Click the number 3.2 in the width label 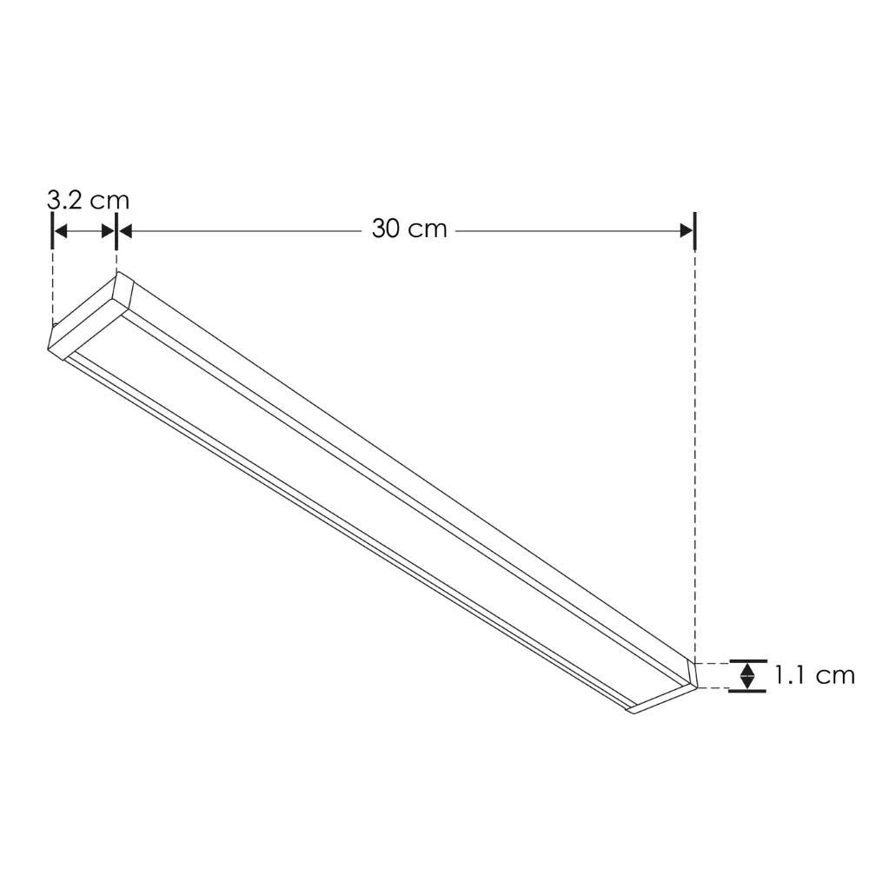click(66, 200)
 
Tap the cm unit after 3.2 click(109, 200)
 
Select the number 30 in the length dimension click(388, 229)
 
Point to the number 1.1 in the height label click(792, 675)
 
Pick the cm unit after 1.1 click(835, 675)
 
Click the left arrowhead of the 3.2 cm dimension click(60, 230)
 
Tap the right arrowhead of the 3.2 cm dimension click(109, 230)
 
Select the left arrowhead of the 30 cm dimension click(124, 230)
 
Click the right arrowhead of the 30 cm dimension click(687, 230)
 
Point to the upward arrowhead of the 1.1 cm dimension click(746, 667)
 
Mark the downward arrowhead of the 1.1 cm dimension click(746, 683)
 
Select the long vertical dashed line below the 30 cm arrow click(695, 452)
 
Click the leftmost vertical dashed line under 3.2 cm click(53, 287)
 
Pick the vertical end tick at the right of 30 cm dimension click(695, 230)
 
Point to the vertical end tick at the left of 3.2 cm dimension click(53, 230)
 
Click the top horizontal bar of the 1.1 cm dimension click(746, 660)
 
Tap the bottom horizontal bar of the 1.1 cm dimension click(746, 691)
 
